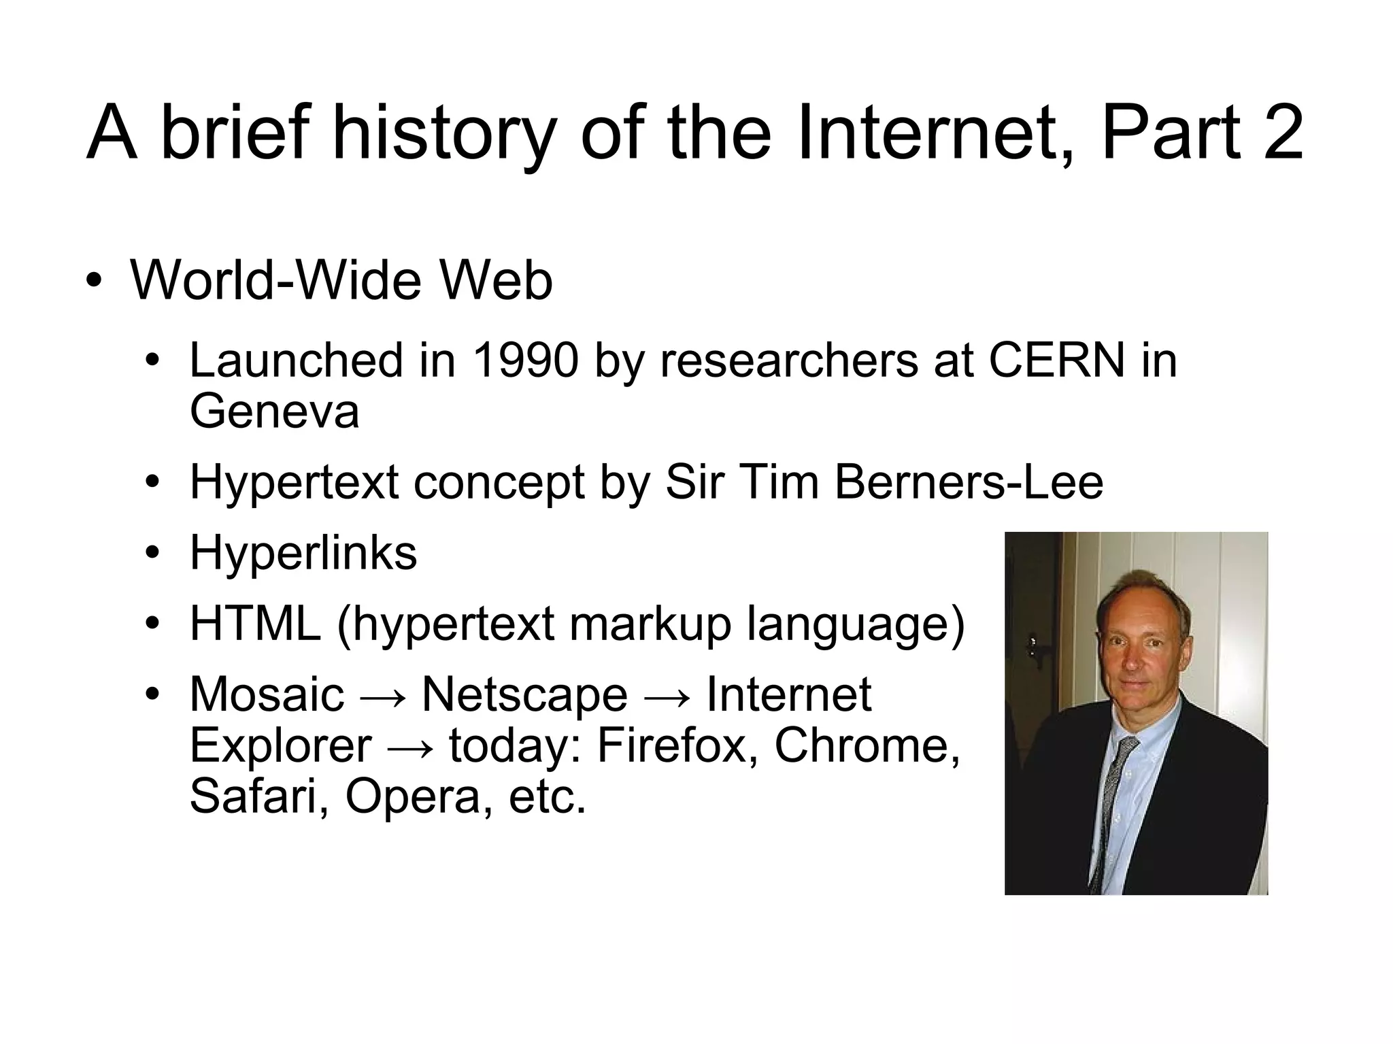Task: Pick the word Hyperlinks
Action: [303, 552]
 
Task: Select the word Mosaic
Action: [267, 694]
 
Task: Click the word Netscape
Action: [524, 694]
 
